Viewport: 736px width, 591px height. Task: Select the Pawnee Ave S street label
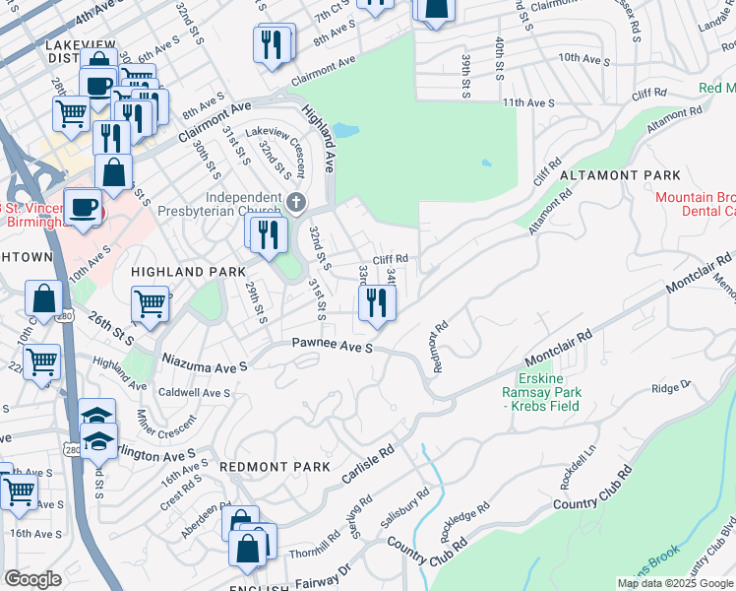point(332,346)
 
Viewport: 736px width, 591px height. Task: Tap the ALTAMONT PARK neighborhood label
point(620,174)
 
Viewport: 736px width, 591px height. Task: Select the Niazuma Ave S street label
point(202,364)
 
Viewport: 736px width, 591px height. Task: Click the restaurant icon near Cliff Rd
point(376,302)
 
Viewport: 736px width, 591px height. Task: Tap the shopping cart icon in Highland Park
point(151,303)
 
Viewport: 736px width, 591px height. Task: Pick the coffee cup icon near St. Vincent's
point(83,206)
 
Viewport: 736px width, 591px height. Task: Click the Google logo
point(33,579)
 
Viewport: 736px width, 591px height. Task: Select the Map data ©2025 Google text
point(676,583)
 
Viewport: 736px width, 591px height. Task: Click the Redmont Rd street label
point(440,344)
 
